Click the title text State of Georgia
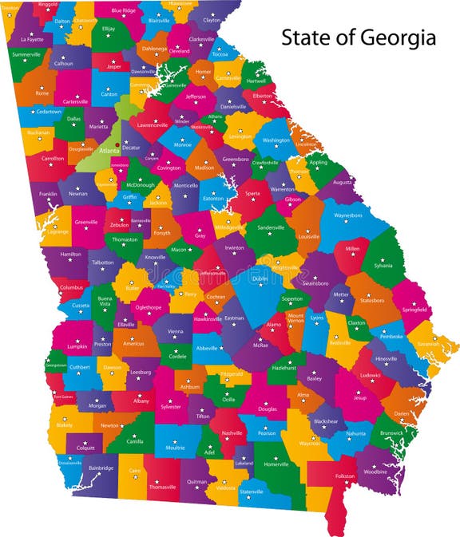click(x=358, y=38)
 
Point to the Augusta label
click(x=342, y=182)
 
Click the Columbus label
click(x=71, y=287)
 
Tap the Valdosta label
click(x=226, y=488)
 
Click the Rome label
click(x=42, y=93)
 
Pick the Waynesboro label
click(x=347, y=215)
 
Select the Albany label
click(x=141, y=401)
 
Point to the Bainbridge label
click(x=101, y=468)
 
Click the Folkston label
click(x=344, y=476)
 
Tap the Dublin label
click(x=260, y=278)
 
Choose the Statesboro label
click(x=371, y=301)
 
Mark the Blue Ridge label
click(x=123, y=10)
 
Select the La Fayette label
click(x=33, y=38)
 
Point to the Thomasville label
click(x=162, y=487)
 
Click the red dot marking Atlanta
click(x=118, y=144)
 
